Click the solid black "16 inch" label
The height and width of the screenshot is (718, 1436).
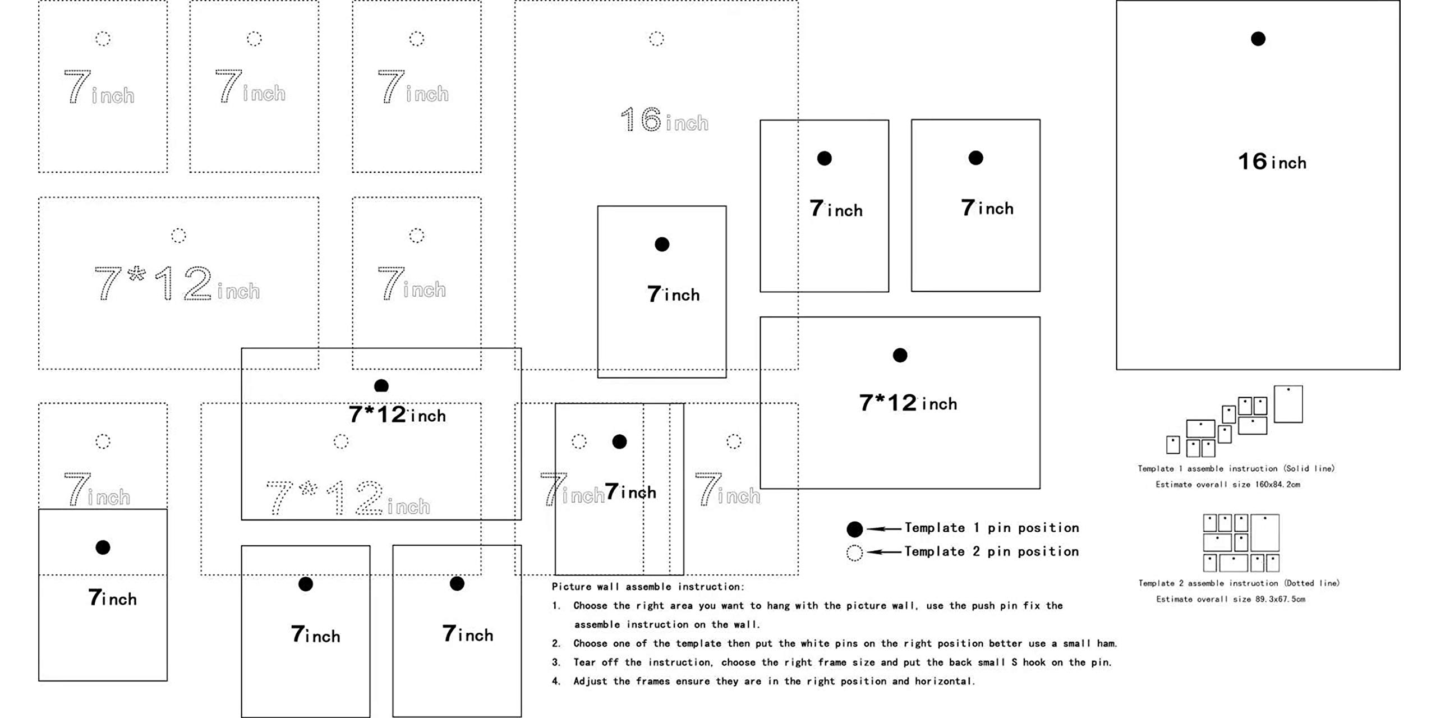(x=1272, y=162)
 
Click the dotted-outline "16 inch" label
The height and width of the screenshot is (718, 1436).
(x=664, y=120)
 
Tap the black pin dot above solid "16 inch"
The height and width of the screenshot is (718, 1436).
(x=1258, y=39)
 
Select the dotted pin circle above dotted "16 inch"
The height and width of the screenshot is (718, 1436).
(x=656, y=39)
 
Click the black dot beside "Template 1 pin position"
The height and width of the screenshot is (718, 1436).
(x=854, y=529)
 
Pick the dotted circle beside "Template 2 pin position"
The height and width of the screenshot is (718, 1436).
(x=854, y=553)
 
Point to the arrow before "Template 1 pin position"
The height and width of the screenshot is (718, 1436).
(x=885, y=528)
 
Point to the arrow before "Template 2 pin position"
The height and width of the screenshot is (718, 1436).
(x=885, y=552)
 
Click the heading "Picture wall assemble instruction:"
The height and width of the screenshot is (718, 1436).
(x=648, y=587)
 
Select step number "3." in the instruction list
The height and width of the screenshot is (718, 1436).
(x=556, y=662)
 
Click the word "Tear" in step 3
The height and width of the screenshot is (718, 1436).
(x=584, y=662)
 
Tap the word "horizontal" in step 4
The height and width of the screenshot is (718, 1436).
(x=944, y=682)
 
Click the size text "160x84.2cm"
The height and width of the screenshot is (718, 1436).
(x=1277, y=485)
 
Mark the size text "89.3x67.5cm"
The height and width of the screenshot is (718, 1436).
(x=1280, y=599)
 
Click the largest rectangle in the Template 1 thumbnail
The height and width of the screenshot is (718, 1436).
(x=1288, y=404)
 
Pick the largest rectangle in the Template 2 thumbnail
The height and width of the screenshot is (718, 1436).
(x=1264, y=532)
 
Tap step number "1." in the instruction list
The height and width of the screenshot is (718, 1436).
(x=556, y=606)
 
